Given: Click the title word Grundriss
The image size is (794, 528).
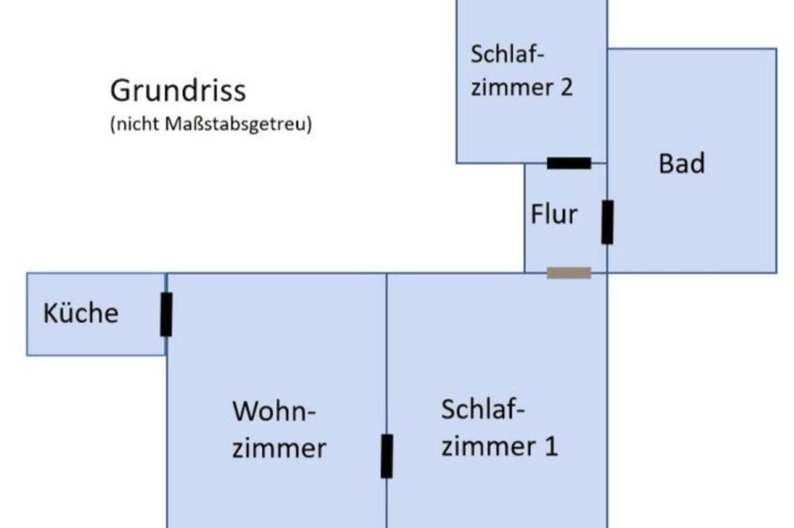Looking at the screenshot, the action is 178,90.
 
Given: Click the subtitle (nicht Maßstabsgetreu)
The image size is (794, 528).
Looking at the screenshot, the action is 211,124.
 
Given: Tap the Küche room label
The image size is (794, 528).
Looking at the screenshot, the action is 81,313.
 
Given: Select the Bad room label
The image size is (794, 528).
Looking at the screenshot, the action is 682,163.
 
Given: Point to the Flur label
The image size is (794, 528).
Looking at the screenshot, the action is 554,214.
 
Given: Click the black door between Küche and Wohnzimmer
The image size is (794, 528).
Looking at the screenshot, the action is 166,314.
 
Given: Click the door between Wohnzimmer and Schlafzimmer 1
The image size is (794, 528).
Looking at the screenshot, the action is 387,456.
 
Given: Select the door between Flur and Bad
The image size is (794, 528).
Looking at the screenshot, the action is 607,222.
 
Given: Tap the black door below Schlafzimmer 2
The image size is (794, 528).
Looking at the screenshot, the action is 569,163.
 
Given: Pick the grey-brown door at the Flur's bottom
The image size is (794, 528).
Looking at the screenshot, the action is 569,273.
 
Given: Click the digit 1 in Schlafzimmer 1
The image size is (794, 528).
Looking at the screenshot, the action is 551,446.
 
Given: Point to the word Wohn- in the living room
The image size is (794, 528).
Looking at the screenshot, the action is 274,412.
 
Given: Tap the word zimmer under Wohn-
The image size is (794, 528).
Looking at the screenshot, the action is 279,448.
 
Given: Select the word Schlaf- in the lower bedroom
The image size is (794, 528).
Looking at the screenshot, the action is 483,409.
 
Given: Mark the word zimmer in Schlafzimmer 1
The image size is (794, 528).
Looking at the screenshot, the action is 488,446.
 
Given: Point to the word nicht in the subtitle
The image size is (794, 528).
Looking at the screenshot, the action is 137,124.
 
